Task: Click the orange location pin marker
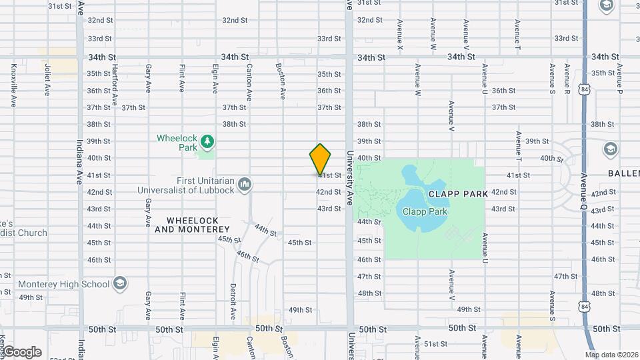coord(320,159)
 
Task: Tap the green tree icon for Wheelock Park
coord(208,141)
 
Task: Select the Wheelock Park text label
coord(178,143)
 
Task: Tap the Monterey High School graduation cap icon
coord(120,283)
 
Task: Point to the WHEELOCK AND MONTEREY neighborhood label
coord(192,225)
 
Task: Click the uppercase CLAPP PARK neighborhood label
coord(455,193)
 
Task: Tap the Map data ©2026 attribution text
coord(611,355)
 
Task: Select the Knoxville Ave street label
coord(13,86)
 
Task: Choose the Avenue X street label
coord(399,35)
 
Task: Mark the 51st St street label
coord(436,344)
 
